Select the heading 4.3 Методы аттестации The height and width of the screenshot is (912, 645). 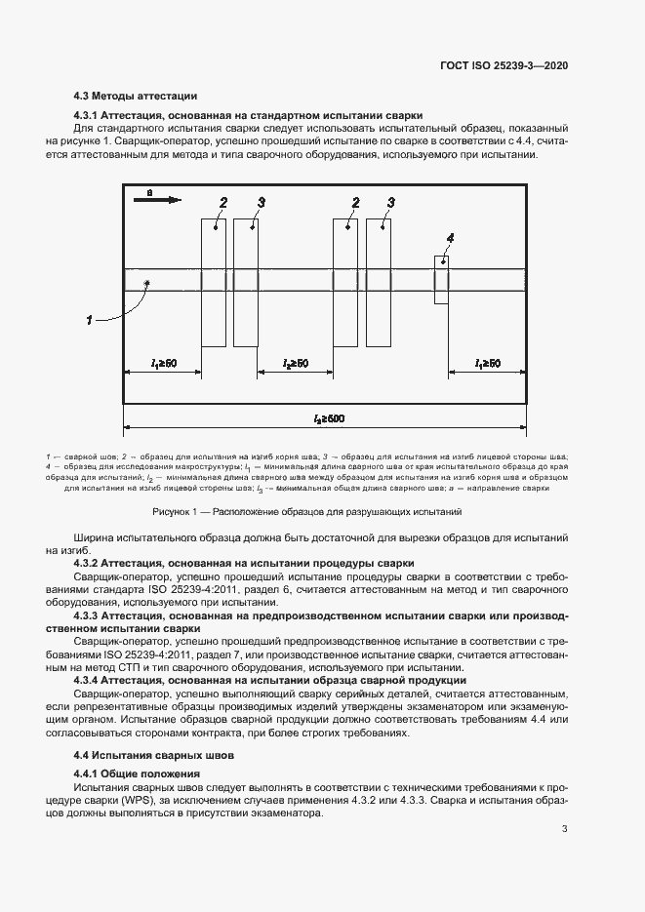point(136,97)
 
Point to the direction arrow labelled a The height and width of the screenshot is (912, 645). point(162,199)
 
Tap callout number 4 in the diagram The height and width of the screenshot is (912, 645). point(450,238)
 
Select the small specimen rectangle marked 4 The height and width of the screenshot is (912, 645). point(441,279)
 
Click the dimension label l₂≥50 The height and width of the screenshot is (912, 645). point(296,363)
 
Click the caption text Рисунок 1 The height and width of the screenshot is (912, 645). point(176,511)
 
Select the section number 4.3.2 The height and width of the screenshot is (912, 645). point(86,564)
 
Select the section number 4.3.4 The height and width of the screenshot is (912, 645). point(86,680)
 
